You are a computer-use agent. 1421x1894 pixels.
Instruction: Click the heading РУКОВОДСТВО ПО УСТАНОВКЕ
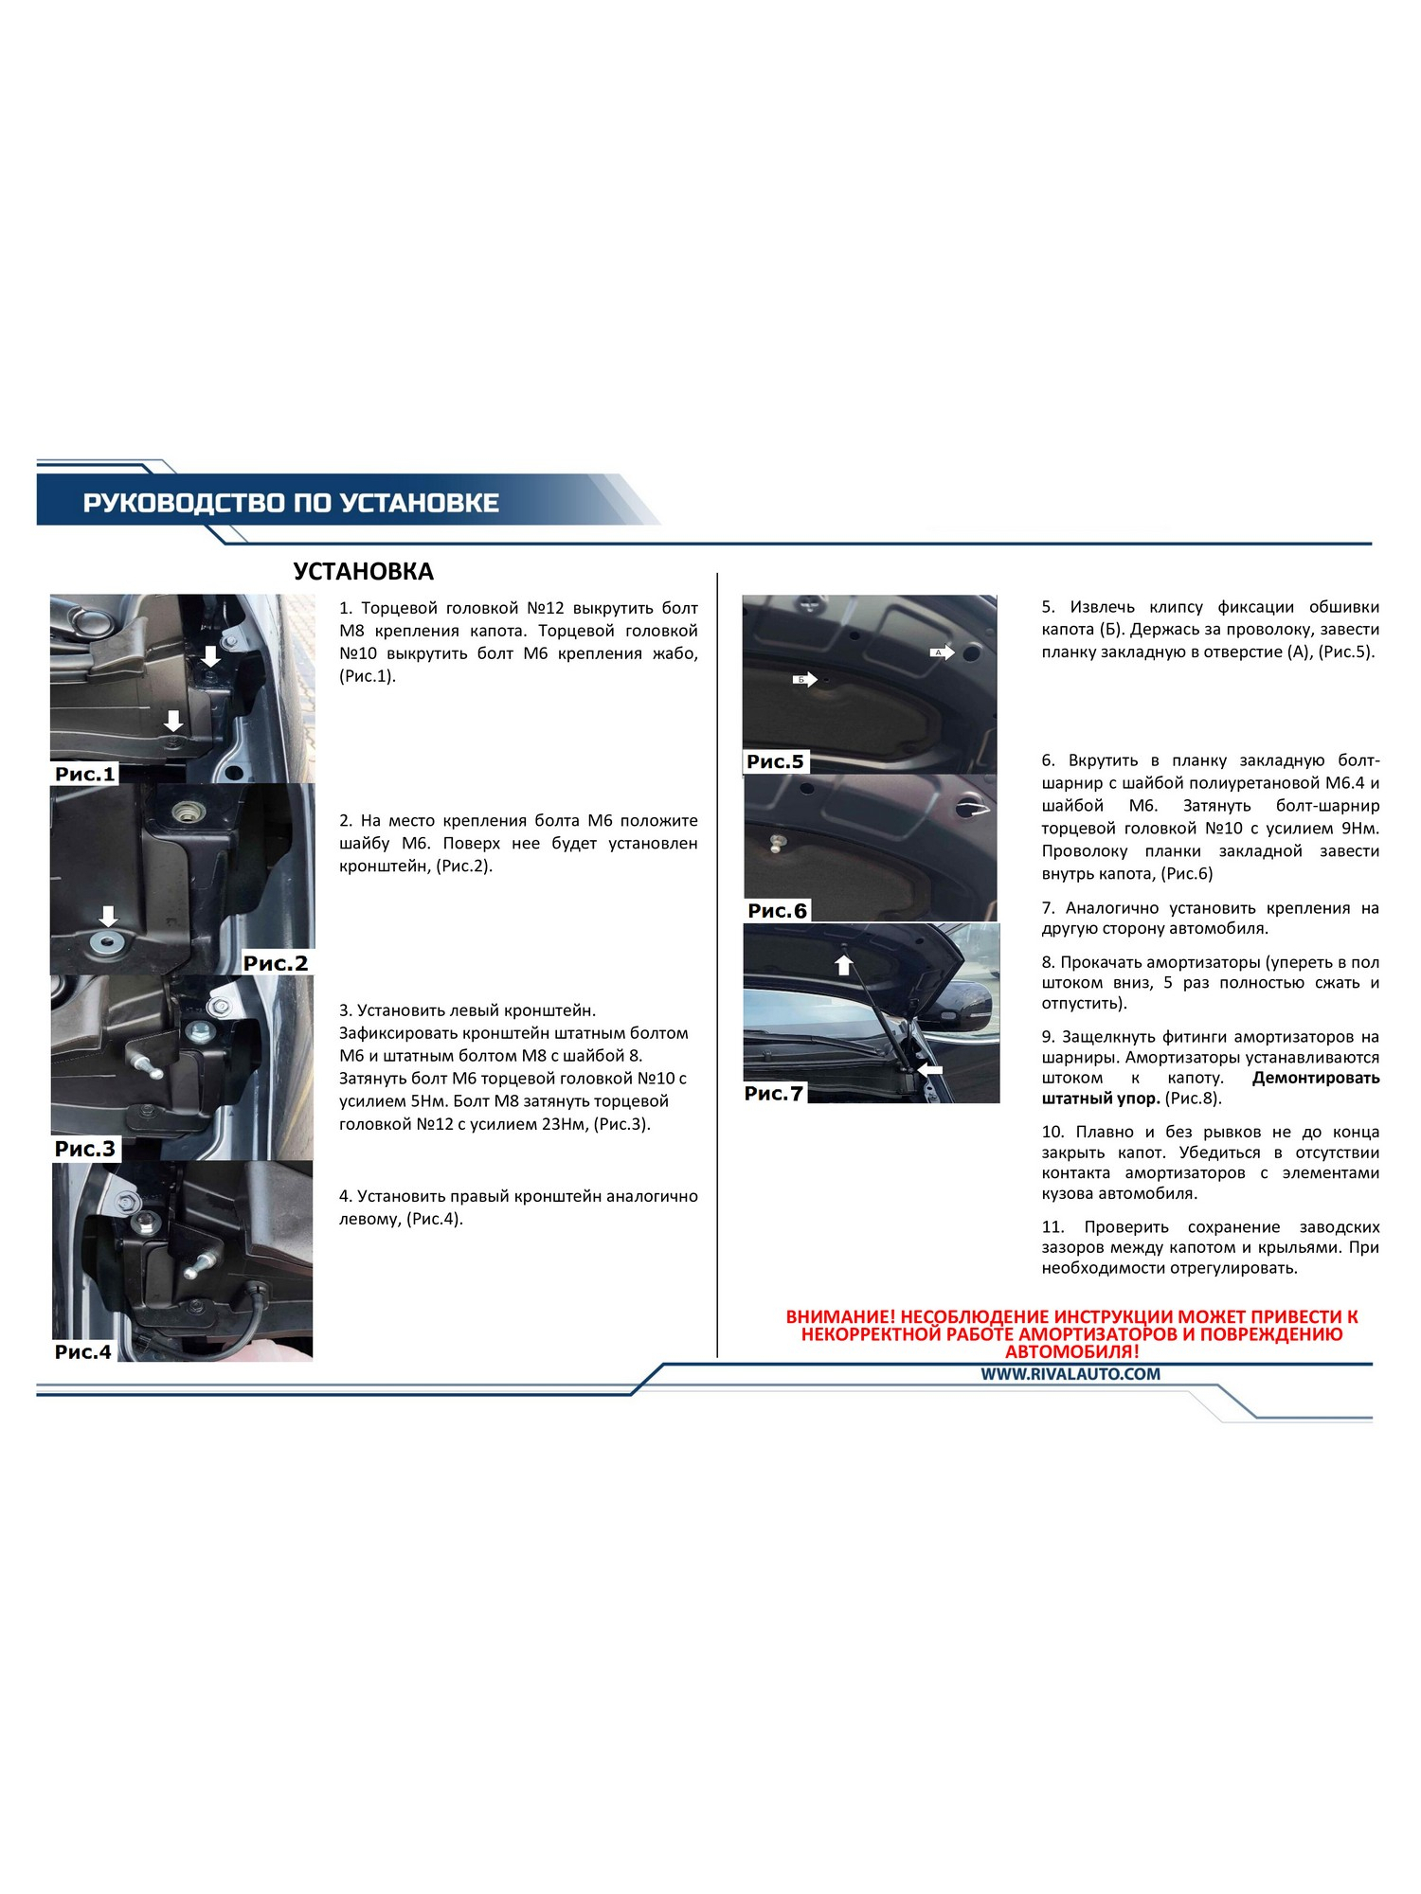click(291, 503)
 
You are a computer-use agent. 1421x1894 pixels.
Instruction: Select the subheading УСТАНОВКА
click(363, 572)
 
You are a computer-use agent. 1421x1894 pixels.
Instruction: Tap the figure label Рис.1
click(84, 774)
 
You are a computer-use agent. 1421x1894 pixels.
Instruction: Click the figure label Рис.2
click(276, 963)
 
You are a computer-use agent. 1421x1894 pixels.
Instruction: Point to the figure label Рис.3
click(84, 1149)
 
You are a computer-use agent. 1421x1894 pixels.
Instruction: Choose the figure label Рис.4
click(83, 1351)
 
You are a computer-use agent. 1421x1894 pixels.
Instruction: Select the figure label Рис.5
click(775, 761)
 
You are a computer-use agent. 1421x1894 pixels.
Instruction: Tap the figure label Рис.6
click(777, 911)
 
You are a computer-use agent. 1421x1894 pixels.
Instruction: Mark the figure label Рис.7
click(773, 1094)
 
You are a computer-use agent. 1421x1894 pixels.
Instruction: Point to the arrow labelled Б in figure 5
click(804, 679)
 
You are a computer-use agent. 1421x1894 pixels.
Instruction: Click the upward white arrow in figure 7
click(843, 965)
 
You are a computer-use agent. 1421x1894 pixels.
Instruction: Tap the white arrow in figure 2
click(109, 916)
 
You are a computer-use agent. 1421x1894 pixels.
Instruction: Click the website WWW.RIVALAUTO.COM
click(1070, 1374)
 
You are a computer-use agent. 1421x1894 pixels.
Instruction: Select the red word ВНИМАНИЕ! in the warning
click(840, 1317)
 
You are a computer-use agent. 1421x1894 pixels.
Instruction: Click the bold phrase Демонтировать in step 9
click(1316, 1078)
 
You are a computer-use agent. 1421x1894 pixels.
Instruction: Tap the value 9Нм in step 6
click(1360, 829)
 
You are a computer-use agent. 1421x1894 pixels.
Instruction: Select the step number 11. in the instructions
click(1052, 1227)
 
